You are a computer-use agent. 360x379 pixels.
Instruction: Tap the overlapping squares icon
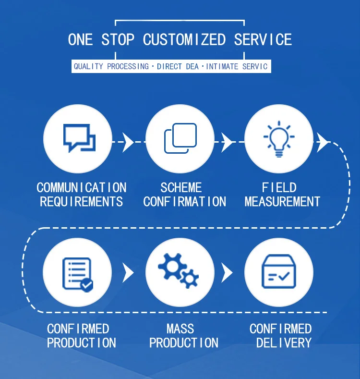coord(180,138)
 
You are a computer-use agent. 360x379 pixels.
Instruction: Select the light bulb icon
coord(279,139)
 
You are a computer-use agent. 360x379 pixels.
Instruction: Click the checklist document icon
coord(77,274)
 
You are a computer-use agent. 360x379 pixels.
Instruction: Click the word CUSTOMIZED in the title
coord(184,39)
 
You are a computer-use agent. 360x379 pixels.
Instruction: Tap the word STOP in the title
coord(118,39)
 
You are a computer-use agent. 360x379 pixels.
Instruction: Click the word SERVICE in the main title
coord(263,39)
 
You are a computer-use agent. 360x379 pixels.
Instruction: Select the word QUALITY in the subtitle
coord(88,66)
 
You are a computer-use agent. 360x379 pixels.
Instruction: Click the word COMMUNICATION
coord(82,187)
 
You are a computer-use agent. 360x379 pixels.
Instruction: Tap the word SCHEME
coord(181,187)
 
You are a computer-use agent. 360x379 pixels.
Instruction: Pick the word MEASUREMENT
coord(282,201)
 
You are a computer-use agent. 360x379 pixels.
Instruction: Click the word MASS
coord(180,329)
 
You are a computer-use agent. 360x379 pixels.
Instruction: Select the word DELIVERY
coord(284,343)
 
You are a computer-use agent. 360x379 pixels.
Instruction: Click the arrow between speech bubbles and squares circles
coord(128,142)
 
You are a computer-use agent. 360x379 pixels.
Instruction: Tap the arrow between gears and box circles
coord(227,273)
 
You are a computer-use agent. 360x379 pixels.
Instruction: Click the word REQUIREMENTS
coord(81,201)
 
